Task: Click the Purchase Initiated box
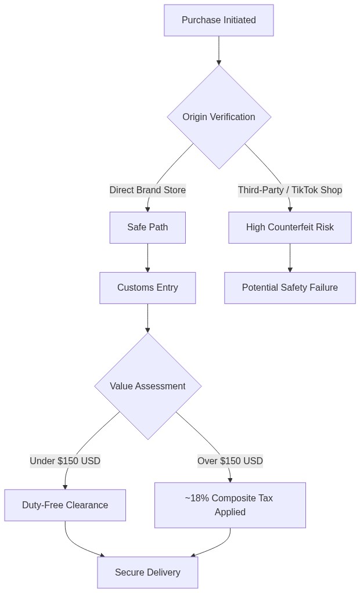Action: tap(219, 20)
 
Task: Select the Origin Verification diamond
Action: tap(219, 117)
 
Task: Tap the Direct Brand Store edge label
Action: tap(147, 190)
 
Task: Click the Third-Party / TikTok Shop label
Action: tap(290, 190)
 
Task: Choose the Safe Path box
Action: tap(147, 227)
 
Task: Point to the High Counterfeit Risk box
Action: tap(290, 227)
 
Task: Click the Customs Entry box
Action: tap(147, 288)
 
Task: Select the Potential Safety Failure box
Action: tap(290, 288)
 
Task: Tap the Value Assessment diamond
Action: tap(147, 386)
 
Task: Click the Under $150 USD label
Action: tap(65, 461)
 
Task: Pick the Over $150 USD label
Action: tap(230, 461)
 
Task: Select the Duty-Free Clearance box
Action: tap(65, 505)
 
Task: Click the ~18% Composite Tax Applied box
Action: tap(230, 505)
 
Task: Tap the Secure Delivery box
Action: tap(147, 573)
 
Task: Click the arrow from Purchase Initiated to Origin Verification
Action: tap(219, 50)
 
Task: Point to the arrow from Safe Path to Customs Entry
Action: tap(147, 258)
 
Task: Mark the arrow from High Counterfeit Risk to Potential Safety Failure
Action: tap(290, 258)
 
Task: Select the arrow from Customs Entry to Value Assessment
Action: tap(147, 319)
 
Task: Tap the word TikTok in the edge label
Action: tap(304, 190)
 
